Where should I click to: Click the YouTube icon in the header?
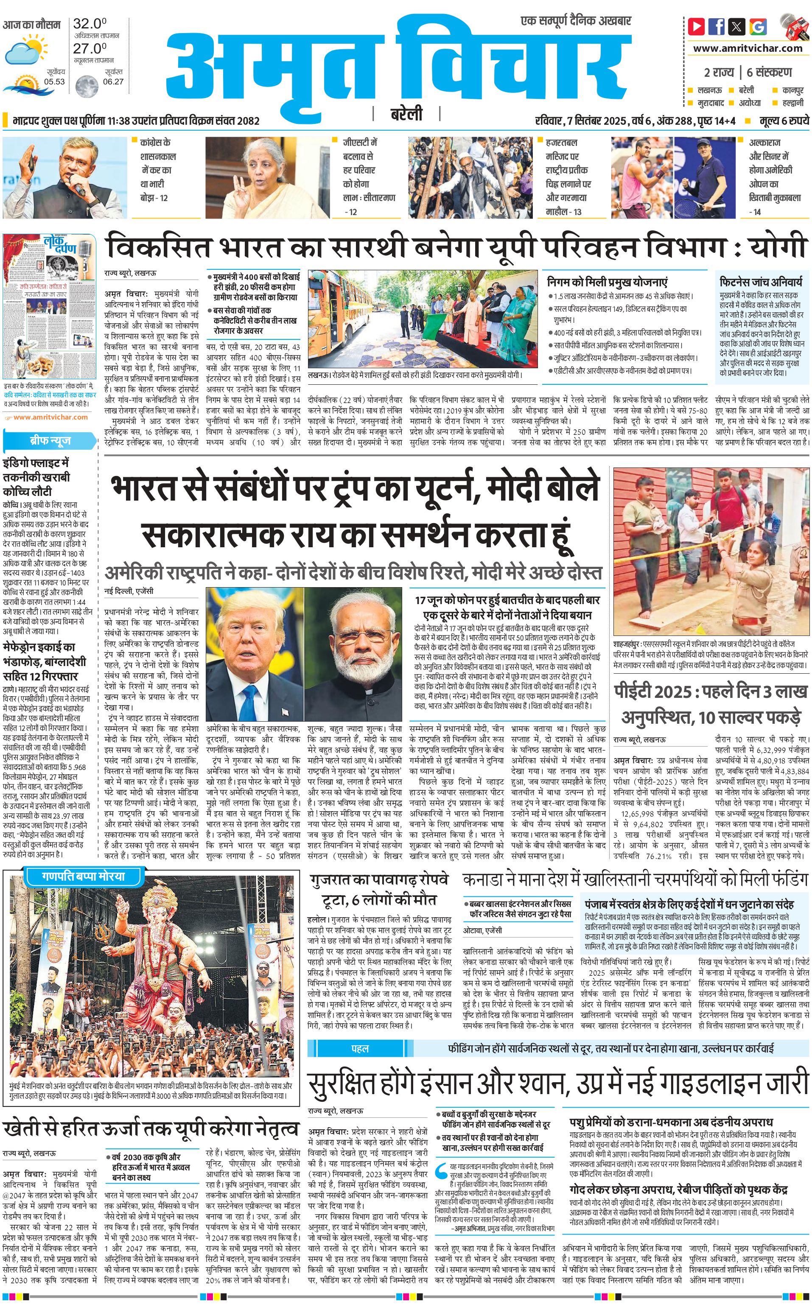pyautogui.click(x=697, y=26)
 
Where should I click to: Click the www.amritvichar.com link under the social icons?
pyautogui.click(x=748, y=48)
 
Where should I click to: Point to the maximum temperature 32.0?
pyautogui.click(x=89, y=24)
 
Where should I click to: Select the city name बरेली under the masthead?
pyautogui.click(x=406, y=115)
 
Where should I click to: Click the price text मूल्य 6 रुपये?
pyautogui.click(x=784, y=121)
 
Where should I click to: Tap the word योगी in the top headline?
pyautogui.click(x=778, y=248)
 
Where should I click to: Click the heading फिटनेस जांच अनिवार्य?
pyautogui.click(x=761, y=281)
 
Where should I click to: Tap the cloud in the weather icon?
pyautogui.click(x=20, y=53)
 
